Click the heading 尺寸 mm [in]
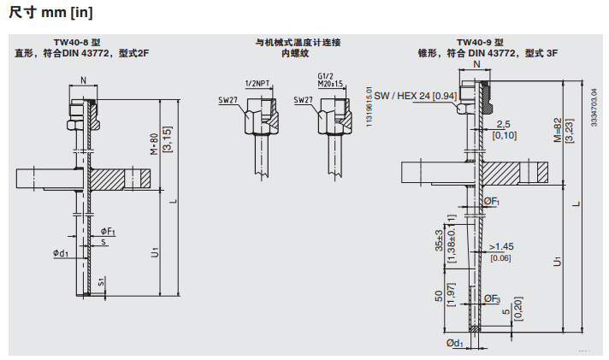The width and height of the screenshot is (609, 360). pos(50,13)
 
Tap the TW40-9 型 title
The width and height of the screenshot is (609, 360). pos(480,42)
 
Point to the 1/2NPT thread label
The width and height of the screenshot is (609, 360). pos(258,83)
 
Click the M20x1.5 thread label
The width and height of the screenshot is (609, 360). pos(329,84)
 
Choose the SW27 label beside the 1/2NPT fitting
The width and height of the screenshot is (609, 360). pos(228,100)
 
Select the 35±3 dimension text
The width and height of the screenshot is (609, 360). pos(439,240)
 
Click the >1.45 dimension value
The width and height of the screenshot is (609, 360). pos(501,247)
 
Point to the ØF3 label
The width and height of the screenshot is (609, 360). pos(492,298)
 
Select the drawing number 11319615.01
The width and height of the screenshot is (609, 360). pos(370,107)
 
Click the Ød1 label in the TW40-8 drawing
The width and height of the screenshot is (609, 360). pos(60,252)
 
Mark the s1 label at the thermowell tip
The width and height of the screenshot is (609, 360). pos(101,280)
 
